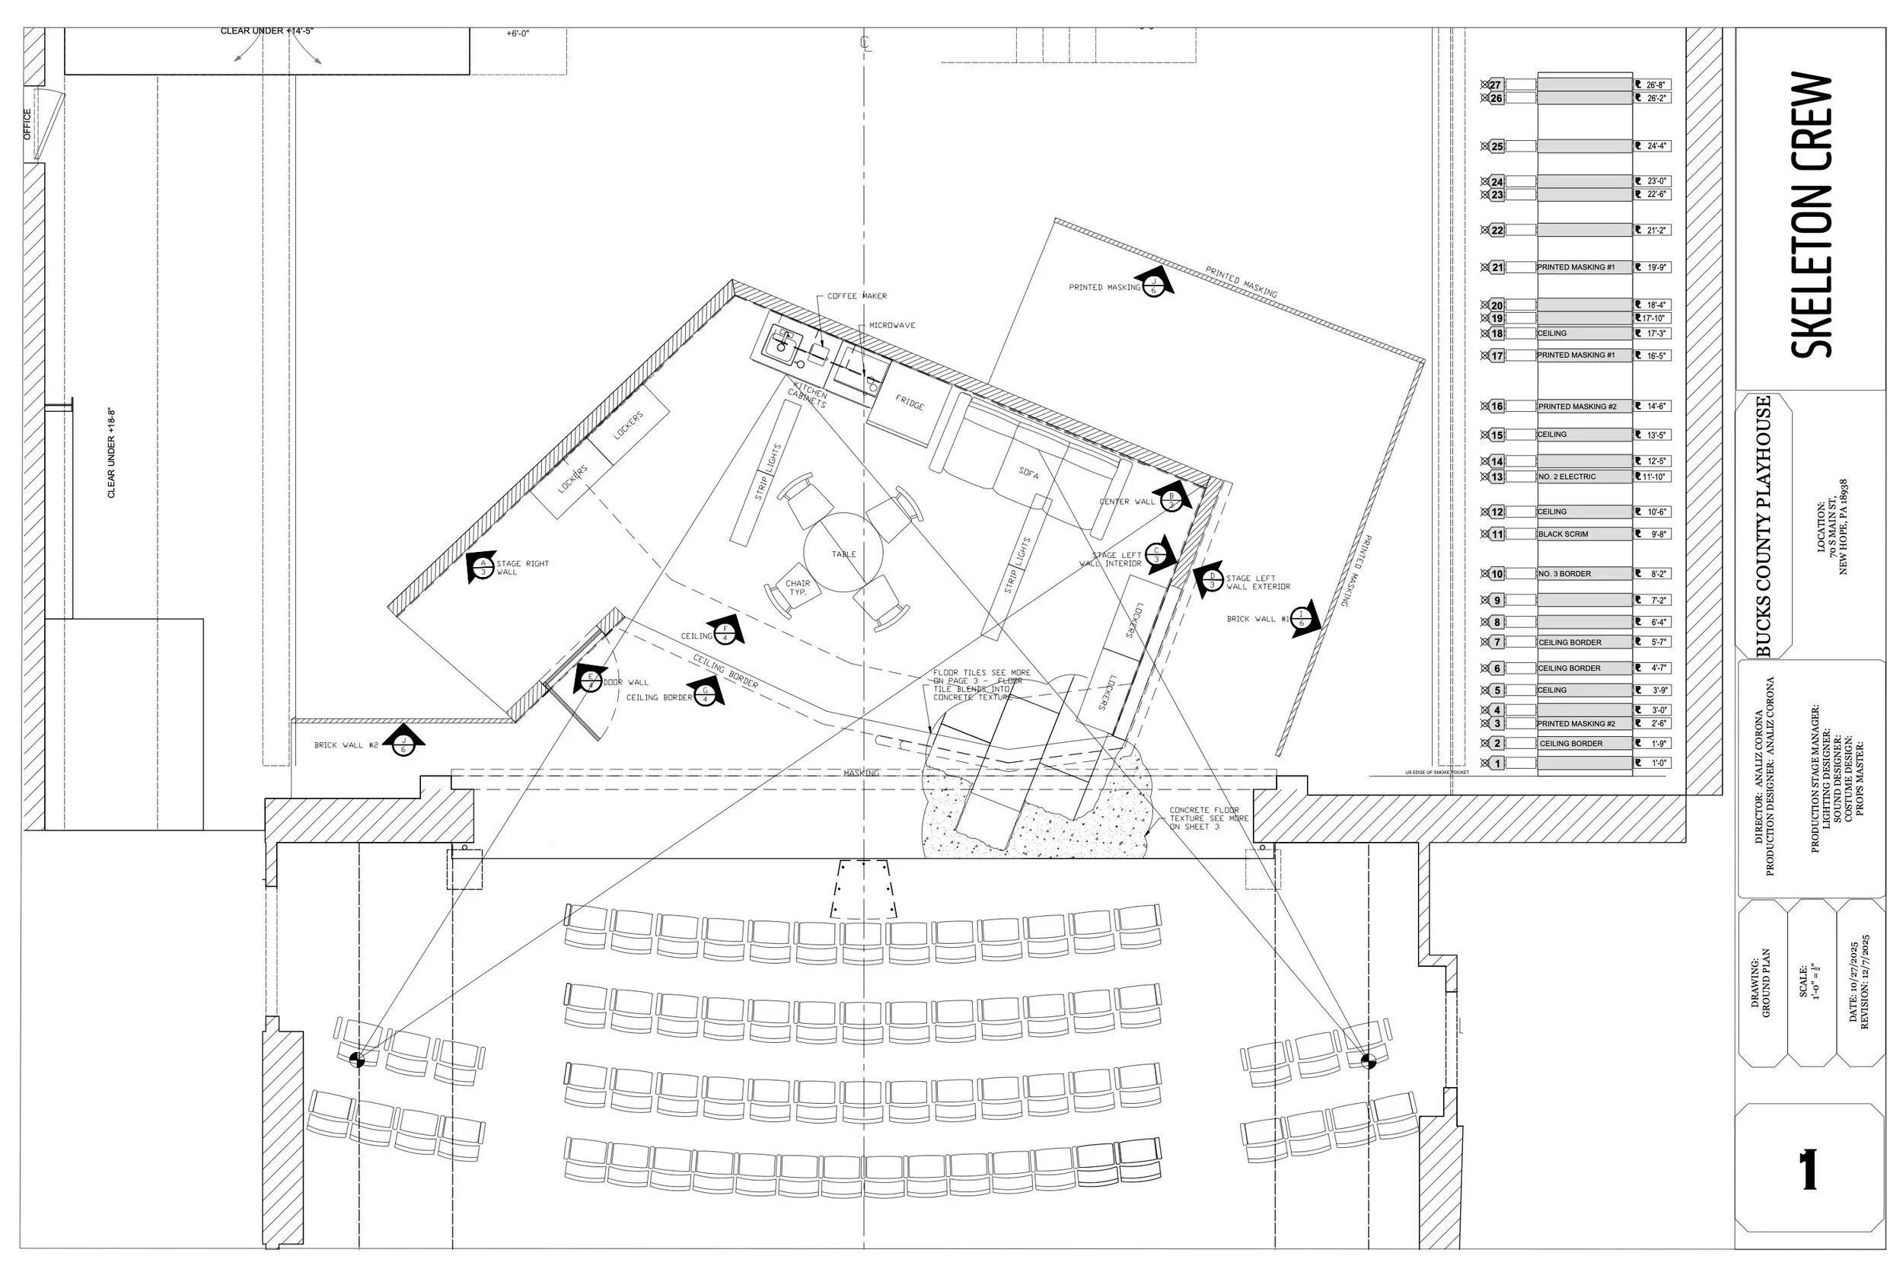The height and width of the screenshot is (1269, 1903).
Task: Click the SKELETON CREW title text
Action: (x=1811, y=215)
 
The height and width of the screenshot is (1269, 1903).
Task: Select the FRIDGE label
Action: (x=909, y=402)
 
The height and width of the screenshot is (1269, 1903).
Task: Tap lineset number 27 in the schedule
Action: (x=1495, y=85)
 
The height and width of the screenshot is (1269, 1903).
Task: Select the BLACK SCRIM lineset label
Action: (x=1564, y=534)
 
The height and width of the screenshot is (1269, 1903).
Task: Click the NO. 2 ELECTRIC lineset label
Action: (x=1567, y=477)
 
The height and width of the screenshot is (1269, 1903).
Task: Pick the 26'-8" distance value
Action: (x=1656, y=85)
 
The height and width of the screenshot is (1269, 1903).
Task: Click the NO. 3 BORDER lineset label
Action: (x=1565, y=574)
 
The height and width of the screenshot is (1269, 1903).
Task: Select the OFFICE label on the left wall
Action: (x=27, y=126)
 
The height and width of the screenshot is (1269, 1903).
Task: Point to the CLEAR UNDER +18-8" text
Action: (x=112, y=453)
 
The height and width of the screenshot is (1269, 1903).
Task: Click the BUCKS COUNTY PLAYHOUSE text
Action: (x=1764, y=526)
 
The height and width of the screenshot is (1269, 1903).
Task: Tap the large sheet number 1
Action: (x=1809, y=1170)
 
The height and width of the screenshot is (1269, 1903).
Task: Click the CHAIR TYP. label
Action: (x=797, y=588)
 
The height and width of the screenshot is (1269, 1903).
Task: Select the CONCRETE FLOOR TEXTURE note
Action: (x=1208, y=818)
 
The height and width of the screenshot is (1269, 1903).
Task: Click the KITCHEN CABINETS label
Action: (x=808, y=395)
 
